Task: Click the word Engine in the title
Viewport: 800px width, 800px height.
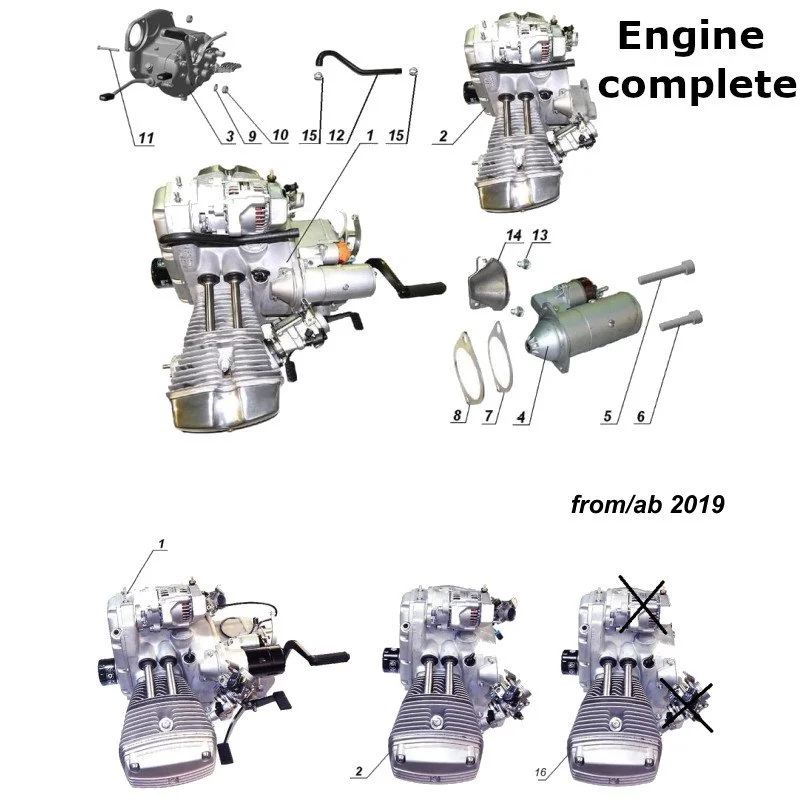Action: click(x=690, y=37)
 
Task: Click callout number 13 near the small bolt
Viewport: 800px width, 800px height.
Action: click(x=540, y=235)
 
